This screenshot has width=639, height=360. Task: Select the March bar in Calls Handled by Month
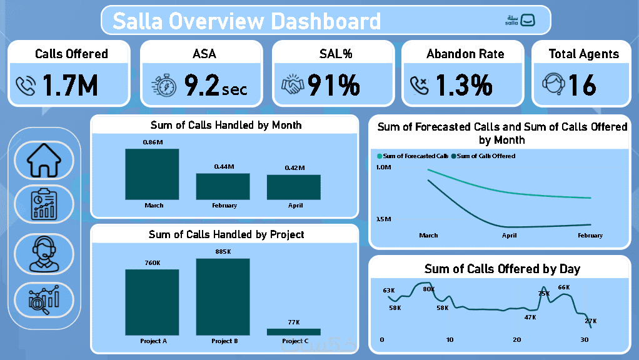152,174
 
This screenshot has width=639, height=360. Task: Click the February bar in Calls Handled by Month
223,186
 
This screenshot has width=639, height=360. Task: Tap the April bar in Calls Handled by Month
294,187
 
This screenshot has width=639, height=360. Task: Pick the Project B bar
223,297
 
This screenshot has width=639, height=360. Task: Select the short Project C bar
294,332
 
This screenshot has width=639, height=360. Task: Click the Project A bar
152,302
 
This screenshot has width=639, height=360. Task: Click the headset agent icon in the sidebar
44,253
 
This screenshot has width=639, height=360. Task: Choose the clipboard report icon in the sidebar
44,204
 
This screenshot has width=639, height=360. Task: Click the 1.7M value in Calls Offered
70,86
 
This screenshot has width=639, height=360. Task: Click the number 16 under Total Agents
582,86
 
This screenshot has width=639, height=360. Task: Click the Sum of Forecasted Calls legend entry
413,156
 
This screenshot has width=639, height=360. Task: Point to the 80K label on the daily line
428,289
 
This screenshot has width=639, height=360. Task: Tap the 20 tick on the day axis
516,339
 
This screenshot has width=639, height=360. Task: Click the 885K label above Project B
223,252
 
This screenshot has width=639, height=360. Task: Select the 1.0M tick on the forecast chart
383,167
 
